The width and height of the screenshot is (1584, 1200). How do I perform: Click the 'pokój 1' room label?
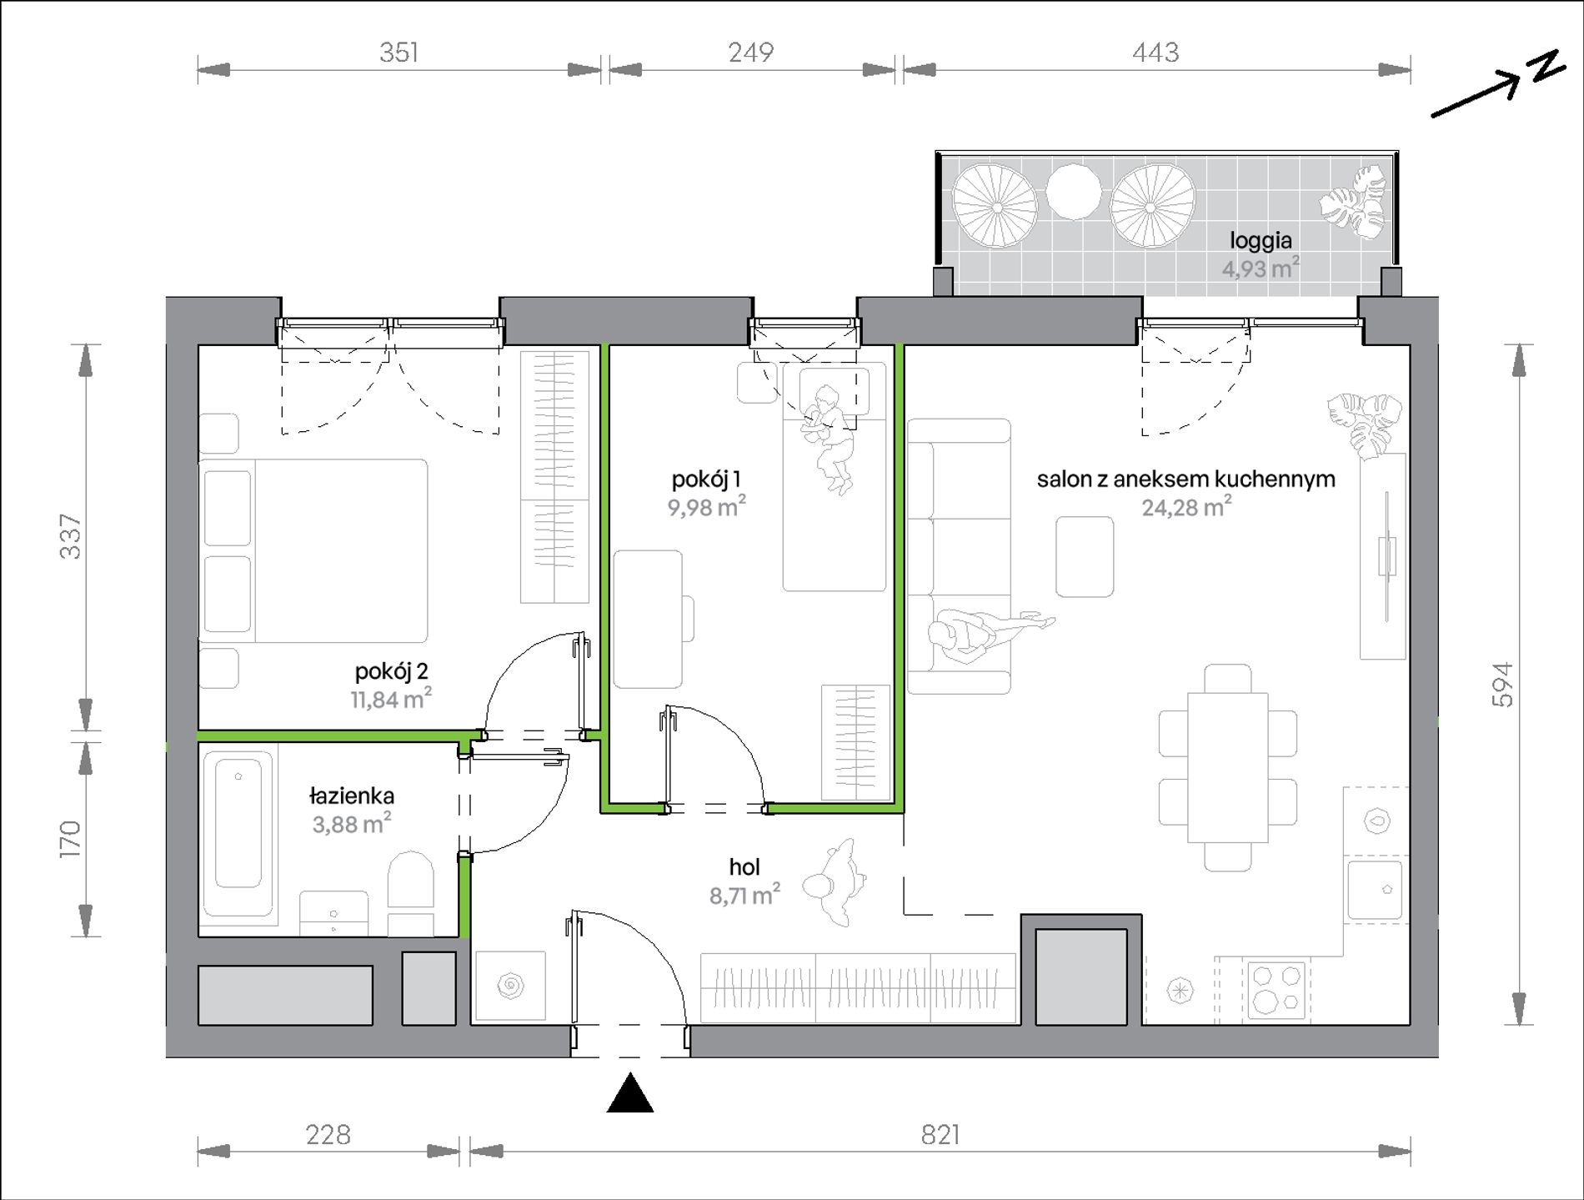706,479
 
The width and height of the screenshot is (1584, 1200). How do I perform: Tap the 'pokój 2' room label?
391,671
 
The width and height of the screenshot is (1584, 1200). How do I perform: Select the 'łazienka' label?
351,796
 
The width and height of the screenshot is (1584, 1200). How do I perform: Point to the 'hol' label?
744,867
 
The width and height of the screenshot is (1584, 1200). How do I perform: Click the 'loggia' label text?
1261,241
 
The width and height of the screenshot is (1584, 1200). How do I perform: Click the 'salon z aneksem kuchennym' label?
1185,479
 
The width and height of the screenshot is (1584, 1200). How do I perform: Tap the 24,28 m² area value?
1186,507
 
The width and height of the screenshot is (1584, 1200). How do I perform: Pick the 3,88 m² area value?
351,824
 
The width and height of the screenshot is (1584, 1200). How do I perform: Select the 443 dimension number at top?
1155,53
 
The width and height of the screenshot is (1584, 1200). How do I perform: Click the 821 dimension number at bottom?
940,1135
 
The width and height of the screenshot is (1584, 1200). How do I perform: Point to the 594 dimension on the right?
1501,685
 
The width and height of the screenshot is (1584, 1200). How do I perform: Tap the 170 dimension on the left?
71,839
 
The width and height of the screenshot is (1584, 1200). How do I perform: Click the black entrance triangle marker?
630,1092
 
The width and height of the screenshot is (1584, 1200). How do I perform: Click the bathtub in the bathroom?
238,831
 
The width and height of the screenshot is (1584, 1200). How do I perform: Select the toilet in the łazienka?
411,891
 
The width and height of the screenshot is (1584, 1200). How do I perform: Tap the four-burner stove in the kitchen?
1276,990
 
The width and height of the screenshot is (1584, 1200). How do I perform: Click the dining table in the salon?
1228,767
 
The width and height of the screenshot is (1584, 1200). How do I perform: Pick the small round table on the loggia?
1074,192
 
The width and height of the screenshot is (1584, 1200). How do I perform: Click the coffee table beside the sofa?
1085,556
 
